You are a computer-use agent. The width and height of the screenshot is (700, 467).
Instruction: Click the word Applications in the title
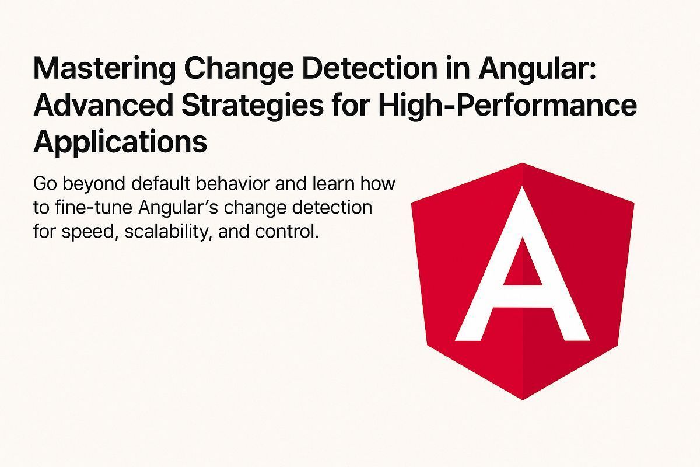coord(120,142)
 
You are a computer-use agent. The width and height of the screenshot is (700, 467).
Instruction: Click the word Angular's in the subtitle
coord(169,208)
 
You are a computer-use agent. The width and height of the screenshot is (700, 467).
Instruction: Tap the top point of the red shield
coord(522,165)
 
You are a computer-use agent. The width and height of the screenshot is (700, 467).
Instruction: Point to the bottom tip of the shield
coord(522,398)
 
